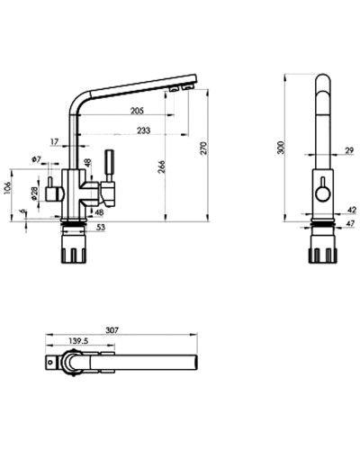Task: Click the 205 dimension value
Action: coord(137,111)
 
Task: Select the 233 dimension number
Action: coord(142,130)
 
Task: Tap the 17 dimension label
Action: coord(55,141)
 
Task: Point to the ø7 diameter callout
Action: coord(37,159)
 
